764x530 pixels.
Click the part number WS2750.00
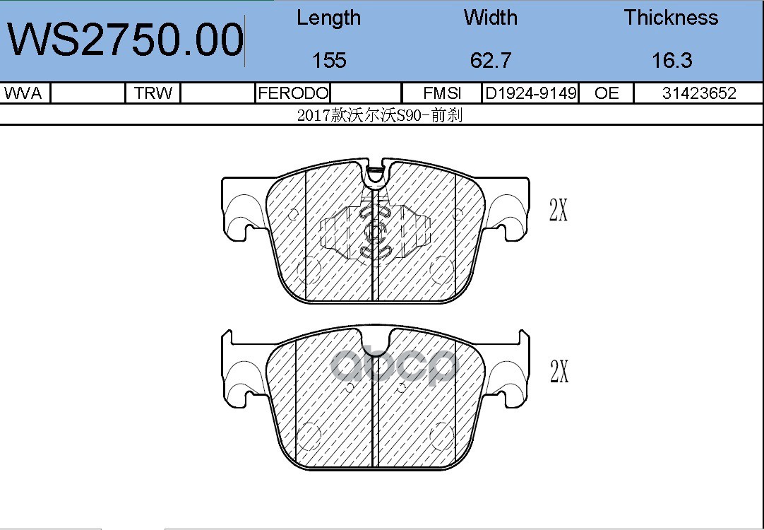[x=125, y=40]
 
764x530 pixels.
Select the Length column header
[x=329, y=18]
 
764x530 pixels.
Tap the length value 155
[x=329, y=61]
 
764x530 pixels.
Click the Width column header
[x=490, y=18]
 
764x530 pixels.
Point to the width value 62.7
[x=490, y=61]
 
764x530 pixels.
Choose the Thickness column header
[x=671, y=18]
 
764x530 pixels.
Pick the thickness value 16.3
[x=672, y=61]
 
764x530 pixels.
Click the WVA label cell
[x=23, y=93]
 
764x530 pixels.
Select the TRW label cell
[x=153, y=93]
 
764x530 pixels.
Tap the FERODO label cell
[x=293, y=93]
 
